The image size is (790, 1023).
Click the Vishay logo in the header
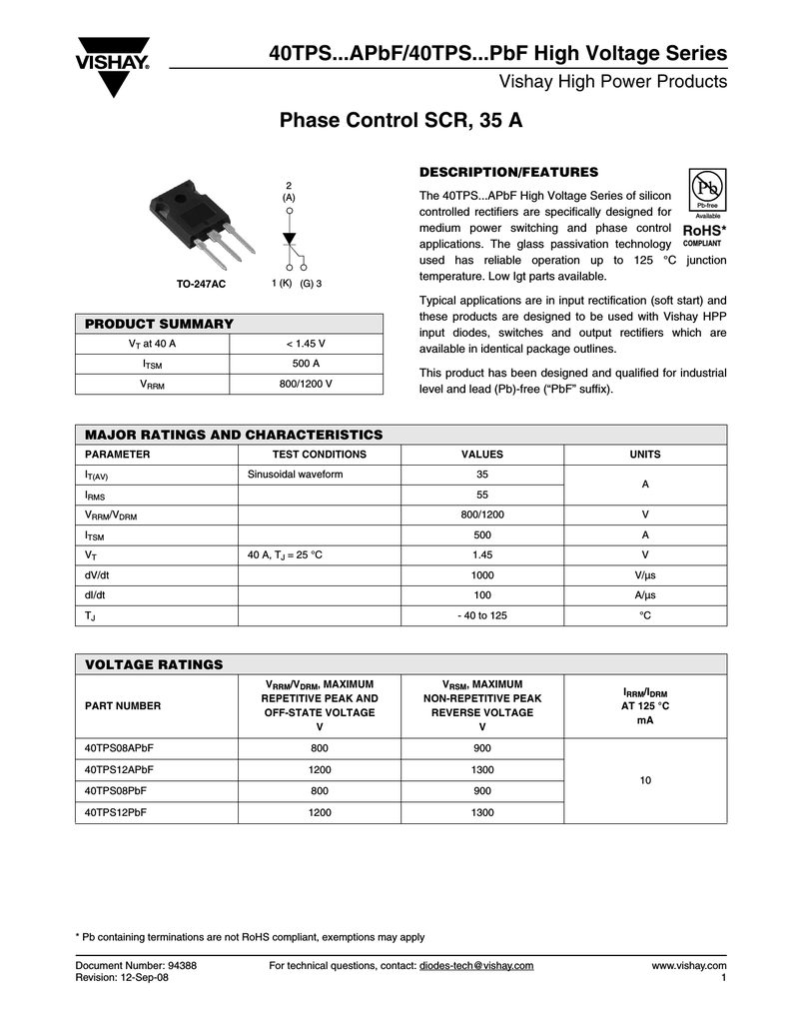tap(113, 67)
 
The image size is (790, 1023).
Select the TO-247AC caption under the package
tap(202, 285)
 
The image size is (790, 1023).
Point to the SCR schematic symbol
tap(291, 241)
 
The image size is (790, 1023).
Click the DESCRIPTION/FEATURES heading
tap(508, 172)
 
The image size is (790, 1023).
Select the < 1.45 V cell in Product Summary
tap(306, 344)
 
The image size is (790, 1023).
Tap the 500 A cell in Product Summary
tap(306, 364)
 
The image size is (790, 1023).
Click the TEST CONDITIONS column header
tap(320, 455)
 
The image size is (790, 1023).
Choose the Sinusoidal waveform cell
tap(295, 475)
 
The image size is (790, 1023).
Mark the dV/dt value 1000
tap(482, 575)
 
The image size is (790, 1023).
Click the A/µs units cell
tap(645, 595)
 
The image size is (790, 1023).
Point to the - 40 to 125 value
tap(482, 615)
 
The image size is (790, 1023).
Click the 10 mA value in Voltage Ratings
tap(645, 780)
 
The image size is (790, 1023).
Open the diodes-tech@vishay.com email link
tap(476, 965)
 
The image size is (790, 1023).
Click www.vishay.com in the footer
tap(688, 965)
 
